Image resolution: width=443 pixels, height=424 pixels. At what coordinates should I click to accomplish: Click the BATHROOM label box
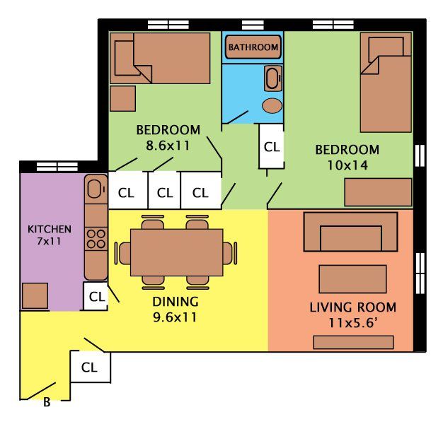[253, 47]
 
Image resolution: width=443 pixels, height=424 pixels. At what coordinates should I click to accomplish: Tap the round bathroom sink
[272, 106]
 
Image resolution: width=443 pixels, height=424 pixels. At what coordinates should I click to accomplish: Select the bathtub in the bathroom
[272, 78]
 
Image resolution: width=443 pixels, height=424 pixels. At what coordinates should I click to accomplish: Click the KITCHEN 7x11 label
[49, 235]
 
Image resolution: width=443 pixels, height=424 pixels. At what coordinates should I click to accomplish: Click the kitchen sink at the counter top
[94, 189]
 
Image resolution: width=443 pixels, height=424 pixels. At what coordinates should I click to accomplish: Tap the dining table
[177, 252]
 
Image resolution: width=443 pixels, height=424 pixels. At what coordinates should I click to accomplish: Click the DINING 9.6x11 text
[176, 310]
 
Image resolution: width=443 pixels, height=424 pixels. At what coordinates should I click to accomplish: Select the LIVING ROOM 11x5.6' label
[352, 314]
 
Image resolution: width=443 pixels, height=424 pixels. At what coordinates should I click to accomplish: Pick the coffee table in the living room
[352, 279]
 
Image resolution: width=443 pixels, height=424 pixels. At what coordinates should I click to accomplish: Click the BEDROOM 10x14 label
[347, 158]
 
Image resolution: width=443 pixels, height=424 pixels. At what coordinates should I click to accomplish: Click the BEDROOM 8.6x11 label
[168, 138]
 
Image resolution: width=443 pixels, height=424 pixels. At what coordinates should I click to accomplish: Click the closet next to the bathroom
[272, 146]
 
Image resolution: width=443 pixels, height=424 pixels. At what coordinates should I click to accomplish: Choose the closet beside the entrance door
[89, 367]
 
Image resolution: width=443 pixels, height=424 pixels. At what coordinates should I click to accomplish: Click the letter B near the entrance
[47, 404]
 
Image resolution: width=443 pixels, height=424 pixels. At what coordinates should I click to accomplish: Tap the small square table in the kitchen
[34, 295]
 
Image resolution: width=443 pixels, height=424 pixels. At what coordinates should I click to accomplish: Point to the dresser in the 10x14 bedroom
[378, 192]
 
